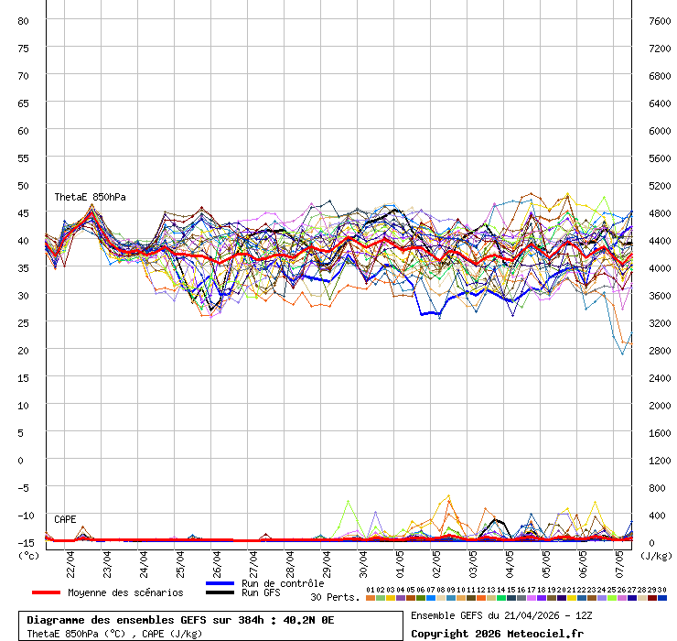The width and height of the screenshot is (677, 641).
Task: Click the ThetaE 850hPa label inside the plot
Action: [x=90, y=197]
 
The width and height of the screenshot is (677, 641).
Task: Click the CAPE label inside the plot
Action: [x=65, y=519]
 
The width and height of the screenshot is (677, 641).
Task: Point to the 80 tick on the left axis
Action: [x=24, y=20]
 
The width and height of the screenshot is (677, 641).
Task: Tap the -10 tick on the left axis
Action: [x=24, y=515]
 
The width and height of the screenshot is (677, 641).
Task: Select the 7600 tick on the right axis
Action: [x=660, y=20]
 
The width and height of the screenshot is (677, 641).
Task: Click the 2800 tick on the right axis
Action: [x=660, y=350]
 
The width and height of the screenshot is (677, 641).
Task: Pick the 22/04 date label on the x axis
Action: [x=71, y=560]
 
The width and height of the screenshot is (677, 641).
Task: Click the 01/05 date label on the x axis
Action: [x=401, y=560]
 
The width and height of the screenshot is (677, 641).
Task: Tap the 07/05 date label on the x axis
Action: [x=621, y=560]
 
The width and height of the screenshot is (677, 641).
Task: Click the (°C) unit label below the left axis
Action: [x=28, y=555]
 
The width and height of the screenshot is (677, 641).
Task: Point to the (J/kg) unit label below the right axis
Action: [x=656, y=555]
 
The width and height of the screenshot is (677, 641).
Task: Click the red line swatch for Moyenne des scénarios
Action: [x=47, y=592]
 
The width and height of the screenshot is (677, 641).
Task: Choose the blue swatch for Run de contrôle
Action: [x=220, y=583]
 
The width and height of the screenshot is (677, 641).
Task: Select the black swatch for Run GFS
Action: [x=220, y=592]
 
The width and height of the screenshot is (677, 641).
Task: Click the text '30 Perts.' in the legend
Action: [x=335, y=597]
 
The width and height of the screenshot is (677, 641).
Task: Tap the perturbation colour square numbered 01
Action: [x=370, y=598]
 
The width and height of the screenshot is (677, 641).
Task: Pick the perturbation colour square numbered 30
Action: [x=661, y=598]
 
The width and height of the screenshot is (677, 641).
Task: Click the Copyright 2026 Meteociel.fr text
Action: [x=497, y=633]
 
